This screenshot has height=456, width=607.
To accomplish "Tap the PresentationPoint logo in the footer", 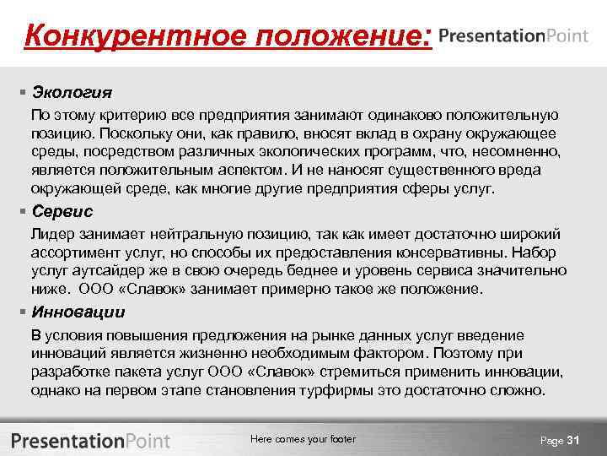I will pos(90,440).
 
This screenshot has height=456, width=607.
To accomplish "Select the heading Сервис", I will pos(62,211).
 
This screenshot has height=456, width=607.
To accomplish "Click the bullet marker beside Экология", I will pos(23,90).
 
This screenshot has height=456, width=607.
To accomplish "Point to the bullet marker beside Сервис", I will pos(23,211).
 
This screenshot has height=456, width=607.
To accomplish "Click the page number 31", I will pos(574,440).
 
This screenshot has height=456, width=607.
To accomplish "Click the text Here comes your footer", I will pos(303,439).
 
